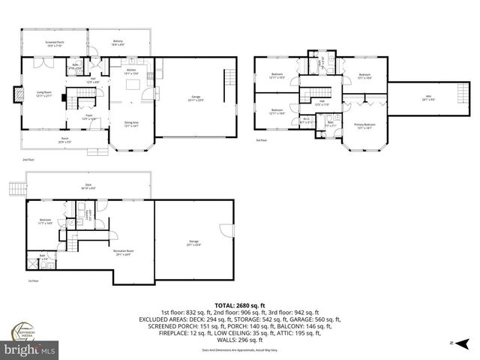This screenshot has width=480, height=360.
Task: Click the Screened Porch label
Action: pos(54,43)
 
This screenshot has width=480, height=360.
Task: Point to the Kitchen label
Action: pos(131,71)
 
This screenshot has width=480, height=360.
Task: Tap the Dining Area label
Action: pos(131,124)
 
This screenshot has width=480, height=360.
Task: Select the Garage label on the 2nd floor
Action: pos(196,97)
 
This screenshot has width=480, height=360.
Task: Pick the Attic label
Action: pos(428,97)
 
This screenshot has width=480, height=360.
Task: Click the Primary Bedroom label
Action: pos(364,125)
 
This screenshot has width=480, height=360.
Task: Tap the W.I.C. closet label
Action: pos(307,119)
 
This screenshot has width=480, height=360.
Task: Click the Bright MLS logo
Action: pos(30,349)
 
